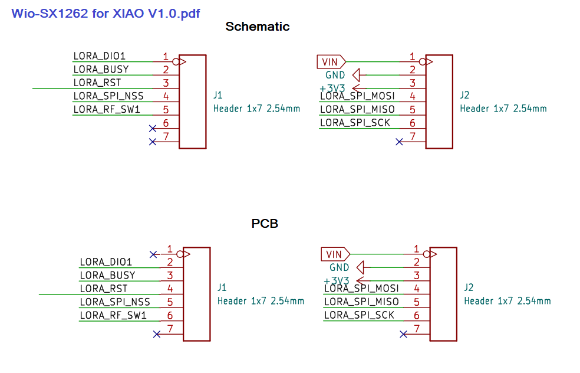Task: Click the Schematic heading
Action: pyautogui.click(x=258, y=27)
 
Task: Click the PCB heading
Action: pyautogui.click(x=265, y=224)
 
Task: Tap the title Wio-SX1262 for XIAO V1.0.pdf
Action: pyautogui.click(x=106, y=14)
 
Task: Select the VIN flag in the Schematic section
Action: pyautogui.click(x=331, y=62)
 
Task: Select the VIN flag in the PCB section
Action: pyautogui.click(x=335, y=254)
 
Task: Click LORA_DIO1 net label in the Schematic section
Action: pyautogui.click(x=100, y=56)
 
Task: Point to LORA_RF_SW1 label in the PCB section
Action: pyautogui.click(x=113, y=315)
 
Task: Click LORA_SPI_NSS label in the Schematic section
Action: pyautogui.click(x=108, y=96)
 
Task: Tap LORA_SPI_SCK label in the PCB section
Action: pyautogui.click(x=359, y=315)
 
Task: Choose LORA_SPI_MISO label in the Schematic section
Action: pyautogui.click(x=357, y=109)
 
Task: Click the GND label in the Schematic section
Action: pyautogui.click(x=335, y=75)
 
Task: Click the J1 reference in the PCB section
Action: pyautogui.click(x=222, y=287)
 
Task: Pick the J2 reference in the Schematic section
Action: pyautogui.click(x=464, y=95)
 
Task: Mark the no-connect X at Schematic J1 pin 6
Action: pyautogui.click(x=153, y=129)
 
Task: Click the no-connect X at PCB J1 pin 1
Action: pyautogui.click(x=153, y=254)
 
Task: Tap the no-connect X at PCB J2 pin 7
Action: pyautogui.click(x=403, y=335)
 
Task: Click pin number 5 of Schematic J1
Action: pyautogui.click(x=166, y=110)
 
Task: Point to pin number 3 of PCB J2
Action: pyautogui.click(x=417, y=276)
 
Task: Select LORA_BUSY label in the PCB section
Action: pyautogui.click(x=108, y=275)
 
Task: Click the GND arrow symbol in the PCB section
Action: pyautogui.click(x=360, y=267)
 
